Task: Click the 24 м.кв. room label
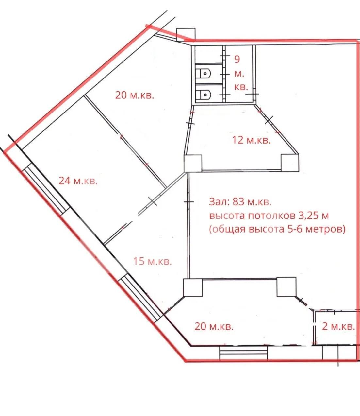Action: (78, 181)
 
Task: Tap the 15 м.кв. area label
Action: (153, 261)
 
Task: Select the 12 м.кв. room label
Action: (252, 140)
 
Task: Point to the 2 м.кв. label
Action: (338, 326)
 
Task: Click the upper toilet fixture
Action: (203, 74)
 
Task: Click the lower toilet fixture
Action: (203, 95)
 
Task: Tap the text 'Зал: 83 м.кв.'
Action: (240, 202)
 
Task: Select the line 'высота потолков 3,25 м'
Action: (269, 216)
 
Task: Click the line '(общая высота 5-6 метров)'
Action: (277, 229)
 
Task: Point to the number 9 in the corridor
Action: (237, 60)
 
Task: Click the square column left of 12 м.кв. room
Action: (193, 164)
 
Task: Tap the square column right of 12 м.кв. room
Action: (290, 163)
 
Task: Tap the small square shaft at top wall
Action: (186, 35)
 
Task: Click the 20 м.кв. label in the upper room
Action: (135, 95)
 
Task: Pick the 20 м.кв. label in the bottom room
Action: (214, 326)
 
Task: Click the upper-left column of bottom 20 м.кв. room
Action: (193, 287)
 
